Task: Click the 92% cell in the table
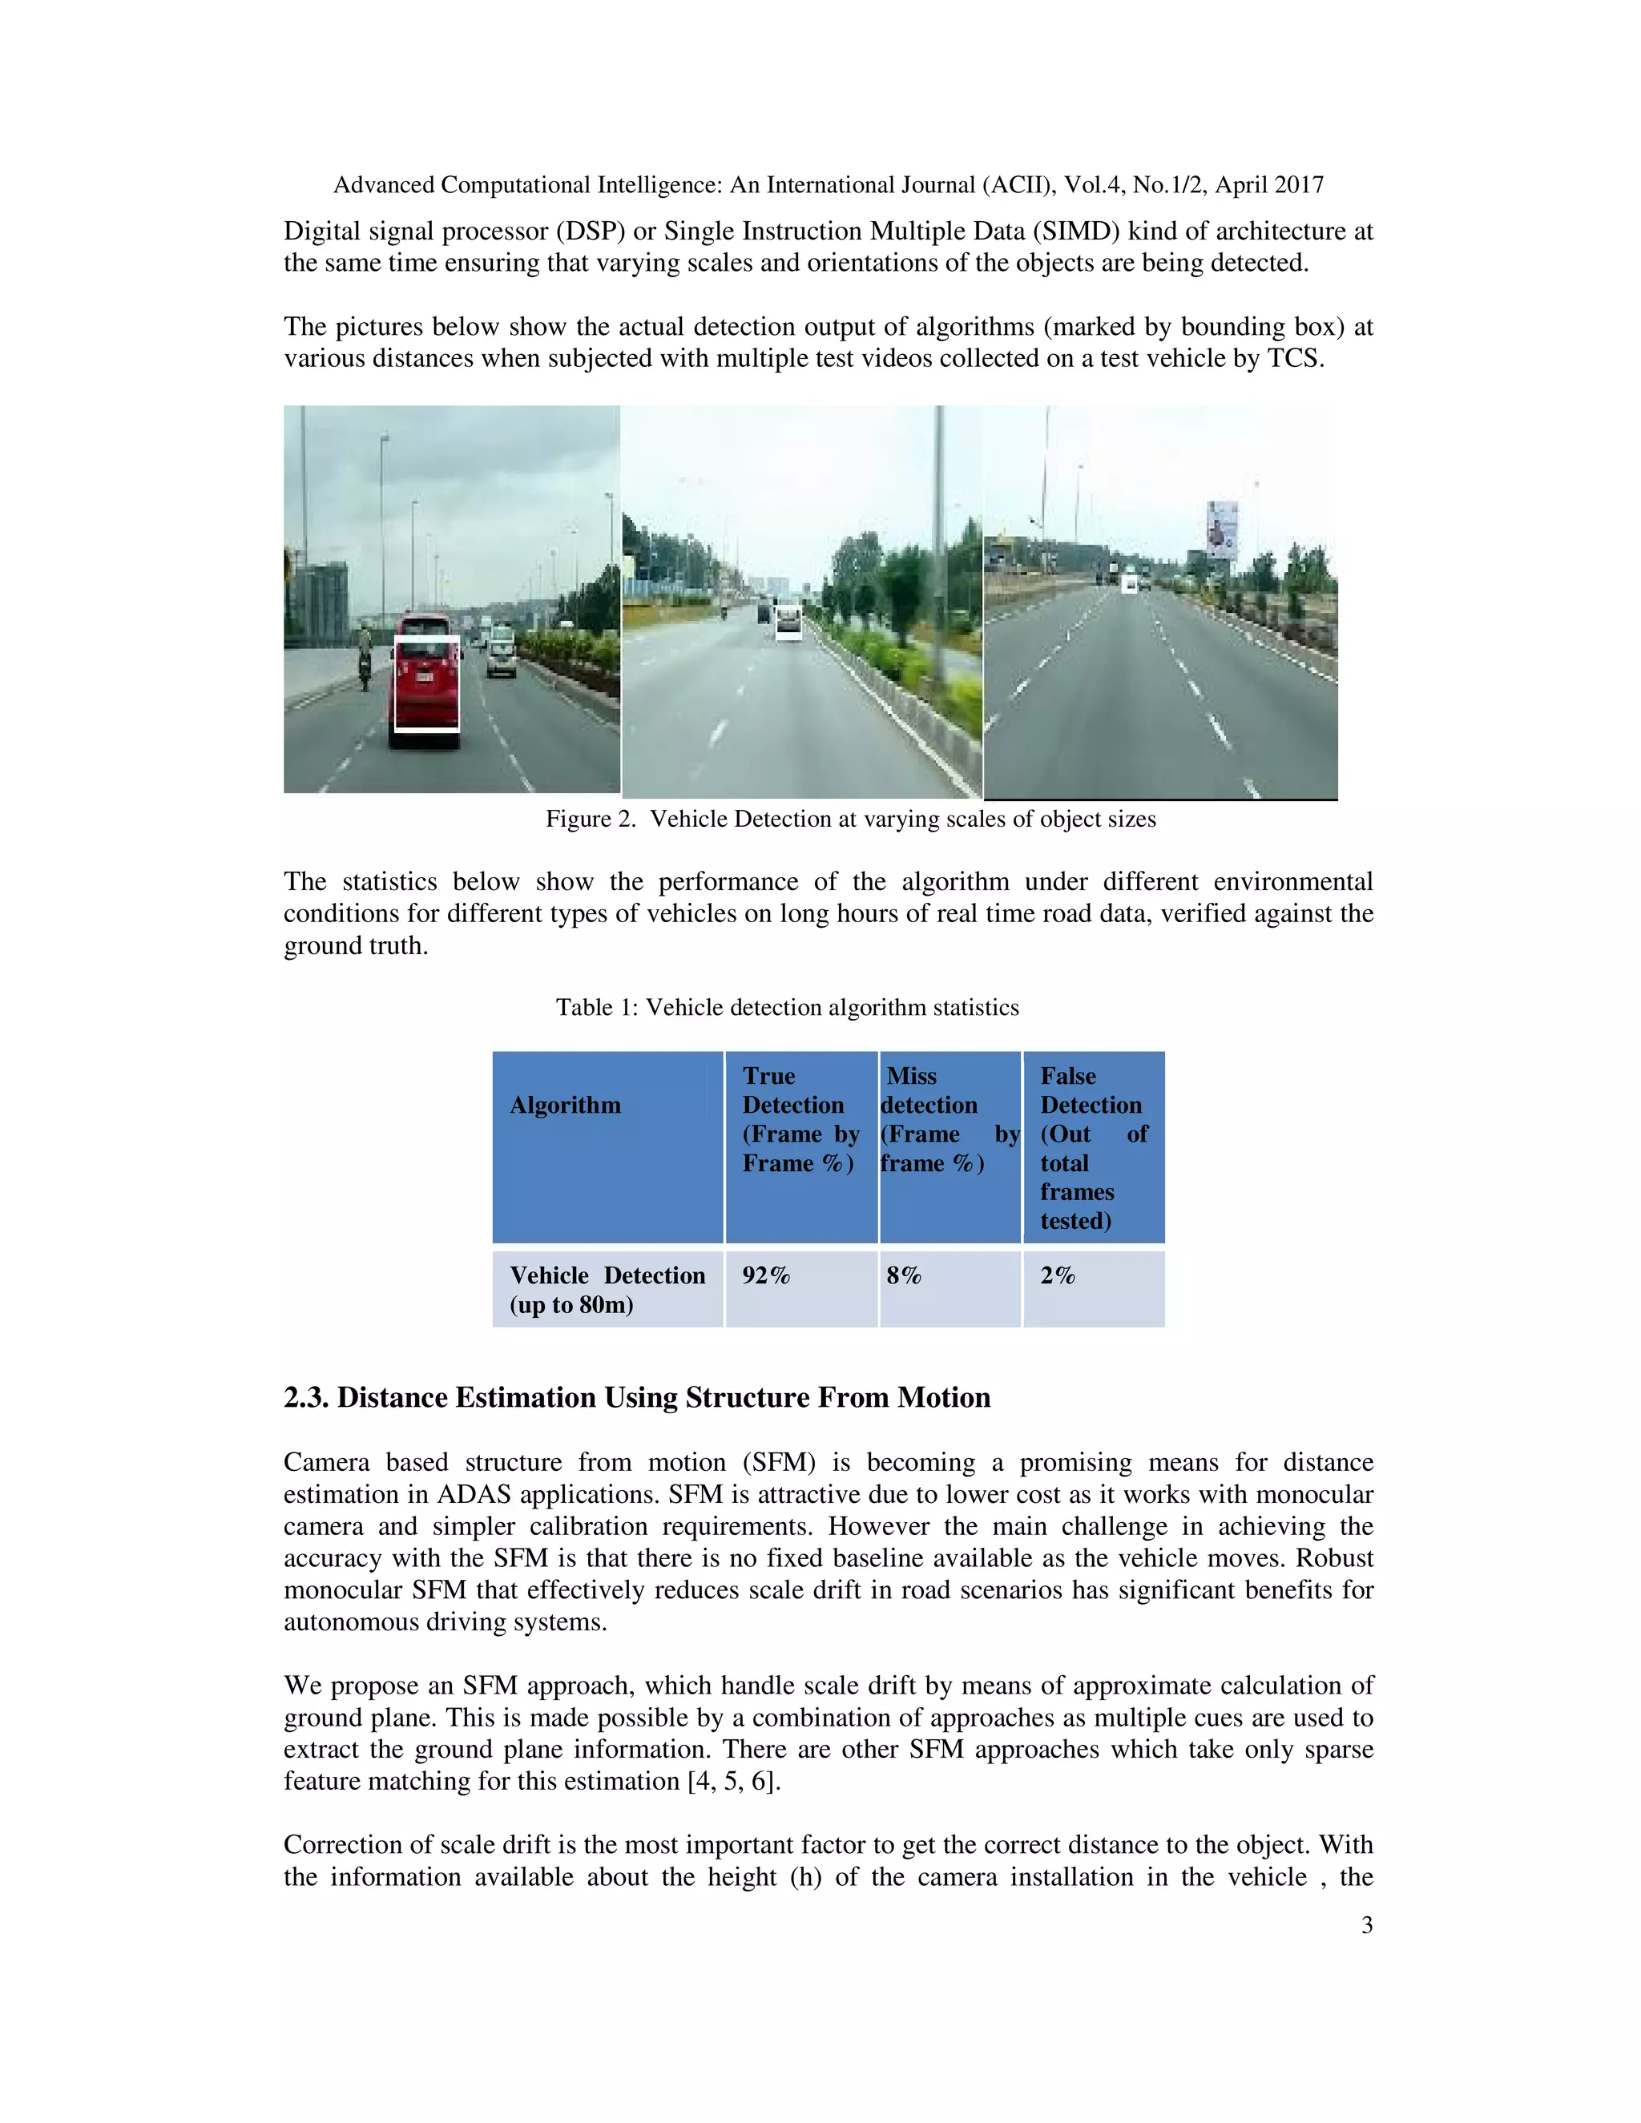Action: (x=766, y=1275)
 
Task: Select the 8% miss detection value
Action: (x=903, y=1275)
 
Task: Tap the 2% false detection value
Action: (x=1058, y=1275)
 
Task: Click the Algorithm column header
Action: (x=565, y=1106)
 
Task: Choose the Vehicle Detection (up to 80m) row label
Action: (x=607, y=1290)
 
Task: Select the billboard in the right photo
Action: (x=1222, y=530)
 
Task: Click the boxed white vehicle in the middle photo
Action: (x=788, y=622)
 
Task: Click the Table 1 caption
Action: (x=787, y=1007)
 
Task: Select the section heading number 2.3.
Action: (x=306, y=1398)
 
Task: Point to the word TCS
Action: (x=1294, y=359)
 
